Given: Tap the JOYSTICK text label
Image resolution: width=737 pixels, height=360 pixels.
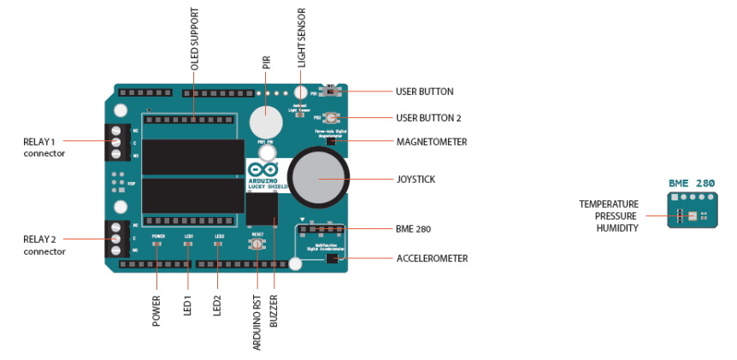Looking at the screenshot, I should pos(417,180).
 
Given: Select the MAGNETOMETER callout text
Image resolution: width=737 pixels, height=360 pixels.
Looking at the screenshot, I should pos(432,142).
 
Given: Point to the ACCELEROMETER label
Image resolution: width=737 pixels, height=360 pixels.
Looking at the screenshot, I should pos(432,257).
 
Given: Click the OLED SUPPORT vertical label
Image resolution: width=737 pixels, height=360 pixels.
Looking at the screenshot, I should pos(194,38).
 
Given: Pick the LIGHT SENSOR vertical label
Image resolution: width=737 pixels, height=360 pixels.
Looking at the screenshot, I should pos(301,39).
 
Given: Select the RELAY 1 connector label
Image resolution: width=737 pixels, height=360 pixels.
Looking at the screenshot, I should pos(44,146).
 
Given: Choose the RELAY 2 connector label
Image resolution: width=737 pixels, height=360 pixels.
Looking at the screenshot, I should pos(44,246).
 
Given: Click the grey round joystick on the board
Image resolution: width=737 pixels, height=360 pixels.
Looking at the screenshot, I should pos(318,178).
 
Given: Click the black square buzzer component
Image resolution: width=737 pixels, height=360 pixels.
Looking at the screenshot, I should pos(262,209).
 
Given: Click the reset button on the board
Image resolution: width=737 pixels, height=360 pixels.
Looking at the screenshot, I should pos(256,245).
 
